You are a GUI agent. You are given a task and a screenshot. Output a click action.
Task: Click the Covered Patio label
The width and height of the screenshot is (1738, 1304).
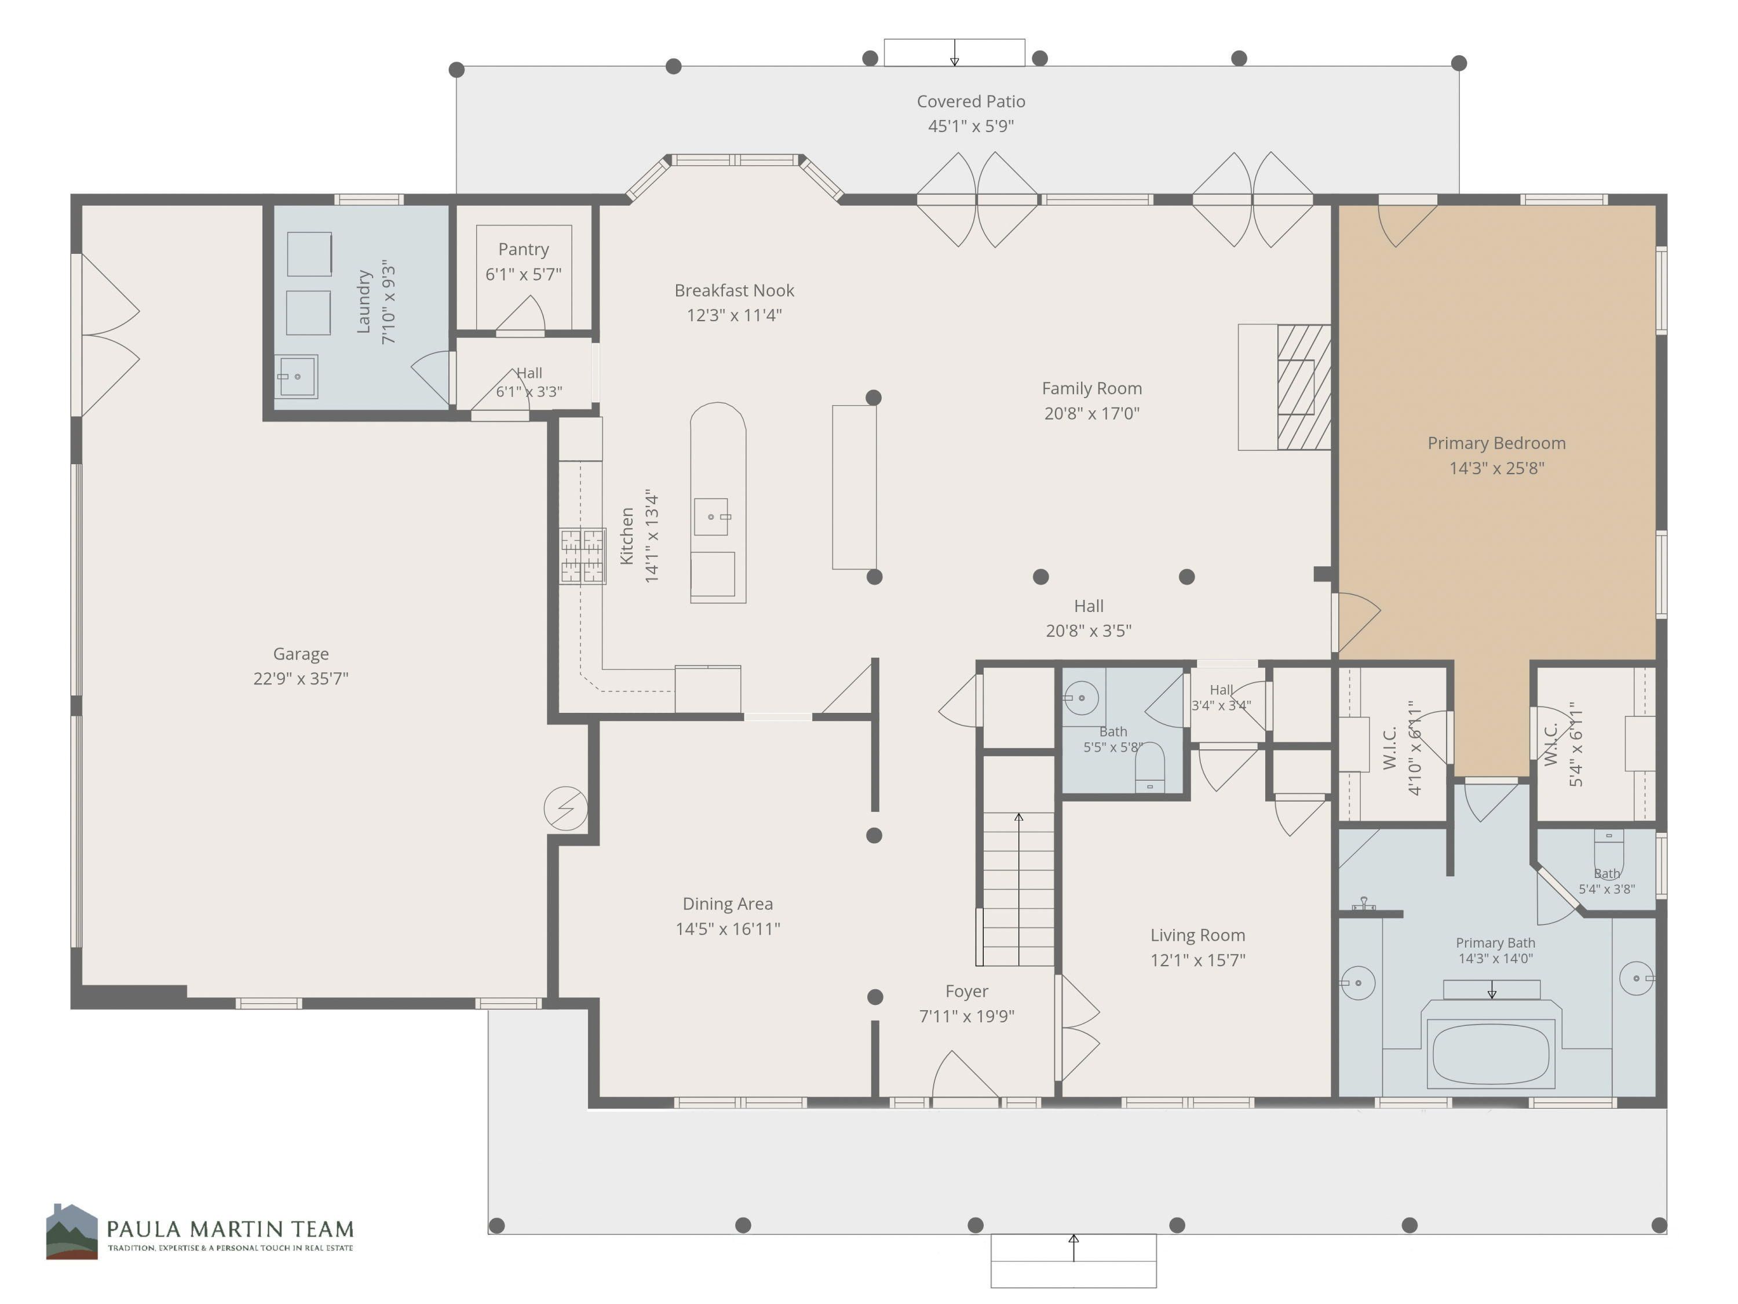coord(971,101)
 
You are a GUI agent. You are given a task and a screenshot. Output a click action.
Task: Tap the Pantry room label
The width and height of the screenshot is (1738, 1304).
coord(523,249)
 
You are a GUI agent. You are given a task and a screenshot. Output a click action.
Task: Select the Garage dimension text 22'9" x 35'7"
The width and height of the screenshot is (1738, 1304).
coord(301,678)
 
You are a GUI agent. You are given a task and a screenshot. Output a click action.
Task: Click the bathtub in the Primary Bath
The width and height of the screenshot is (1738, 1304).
coord(1491,1054)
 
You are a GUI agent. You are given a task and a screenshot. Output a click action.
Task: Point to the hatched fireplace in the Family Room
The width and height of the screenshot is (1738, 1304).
coord(1303,387)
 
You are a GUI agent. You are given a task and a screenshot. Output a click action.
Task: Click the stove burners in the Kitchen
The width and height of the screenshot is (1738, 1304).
coord(582,556)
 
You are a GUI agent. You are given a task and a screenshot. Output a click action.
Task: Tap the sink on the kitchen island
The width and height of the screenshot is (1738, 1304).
coord(711,516)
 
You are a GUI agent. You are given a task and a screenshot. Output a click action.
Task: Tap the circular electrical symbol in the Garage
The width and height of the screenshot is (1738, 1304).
coord(565,808)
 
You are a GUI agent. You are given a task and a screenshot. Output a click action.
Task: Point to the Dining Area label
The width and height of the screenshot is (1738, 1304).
coord(728,904)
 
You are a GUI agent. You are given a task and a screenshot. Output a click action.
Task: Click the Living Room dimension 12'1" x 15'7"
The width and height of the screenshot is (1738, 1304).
coord(1198,960)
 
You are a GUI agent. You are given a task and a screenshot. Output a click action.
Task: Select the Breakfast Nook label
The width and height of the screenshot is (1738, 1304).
coord(735,291)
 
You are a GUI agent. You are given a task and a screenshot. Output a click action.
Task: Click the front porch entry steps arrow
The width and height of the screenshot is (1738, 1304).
coord(1074,1247)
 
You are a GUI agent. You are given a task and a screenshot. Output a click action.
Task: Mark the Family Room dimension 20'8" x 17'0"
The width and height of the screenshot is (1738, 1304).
coord(1092,413)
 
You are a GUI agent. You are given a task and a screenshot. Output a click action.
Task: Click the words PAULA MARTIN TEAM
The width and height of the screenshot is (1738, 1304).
coord(230,1229)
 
